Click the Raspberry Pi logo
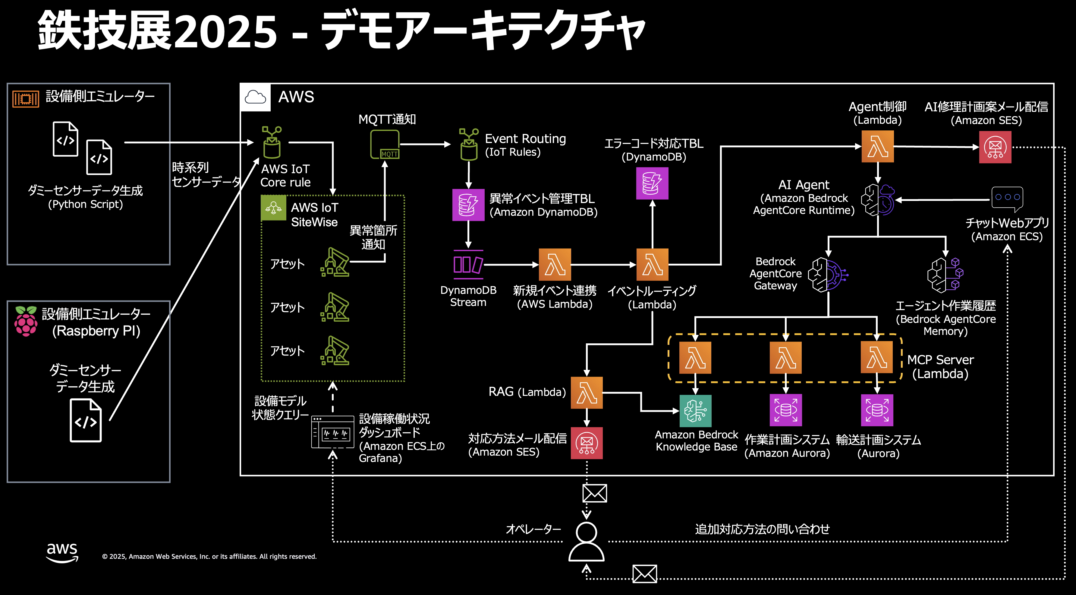26,321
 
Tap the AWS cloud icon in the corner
255,97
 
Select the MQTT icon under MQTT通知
385,145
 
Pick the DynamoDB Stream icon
468,265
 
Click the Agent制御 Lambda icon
878,146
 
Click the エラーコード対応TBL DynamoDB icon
652,183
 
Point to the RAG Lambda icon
587,393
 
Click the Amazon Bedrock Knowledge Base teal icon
695,411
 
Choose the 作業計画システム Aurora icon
786,410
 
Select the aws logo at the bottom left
62,552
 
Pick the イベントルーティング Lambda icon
652,265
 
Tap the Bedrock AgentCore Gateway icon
827,274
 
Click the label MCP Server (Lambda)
940,367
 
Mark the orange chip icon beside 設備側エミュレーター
26,99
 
